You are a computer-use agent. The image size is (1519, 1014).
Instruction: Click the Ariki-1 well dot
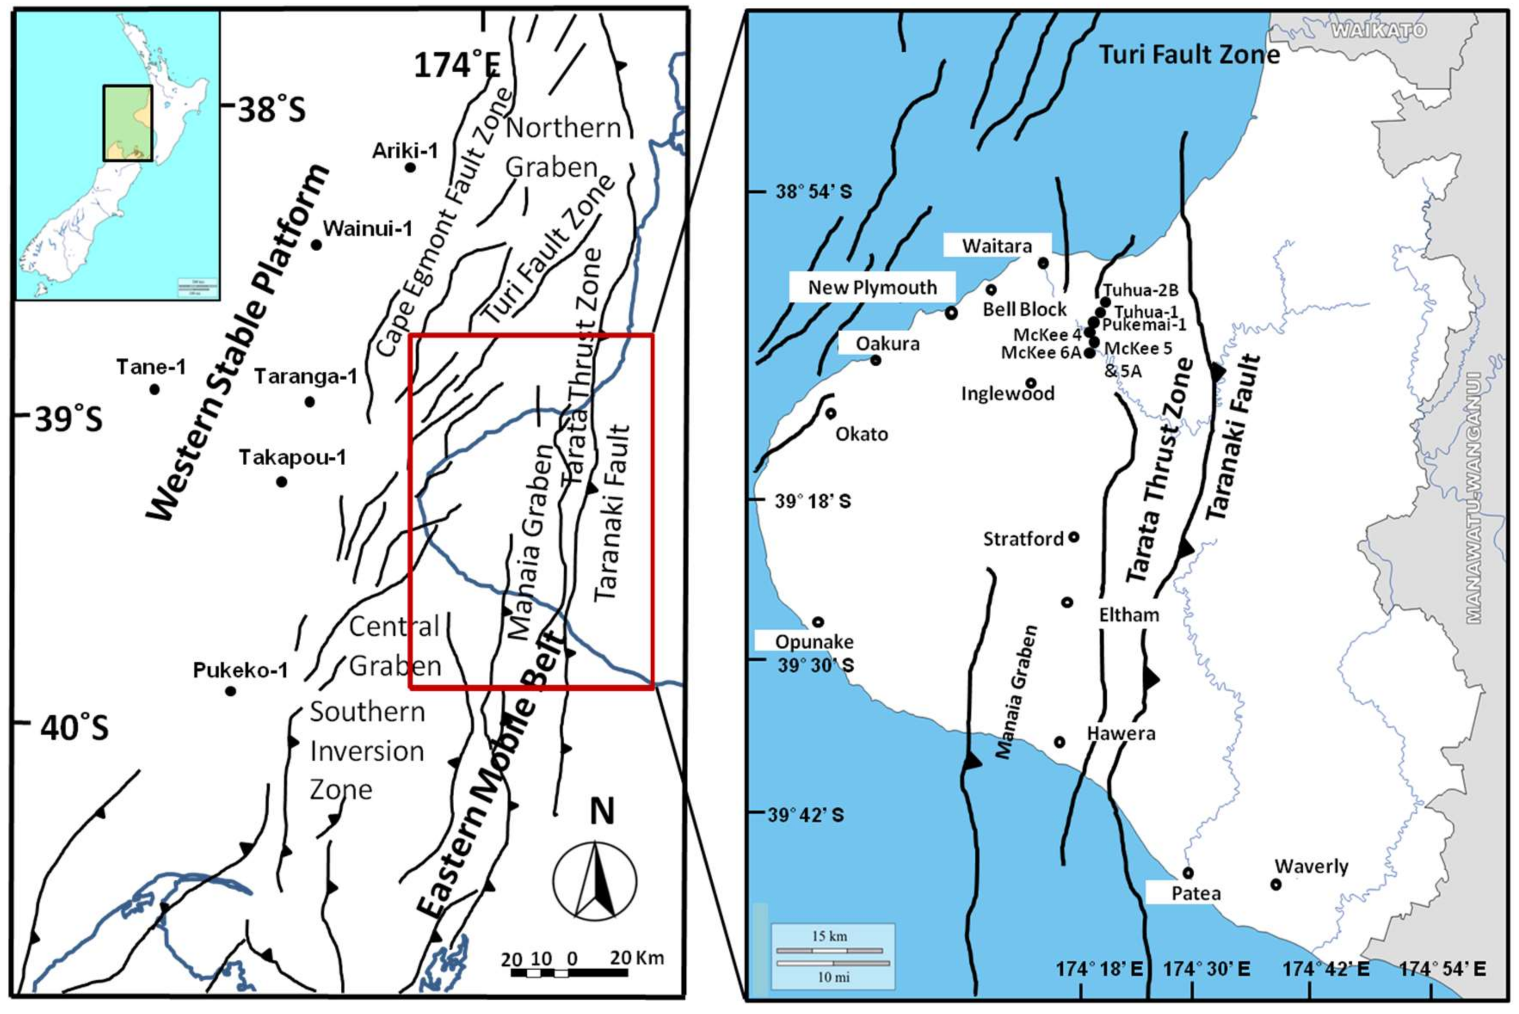(x=410, y=167)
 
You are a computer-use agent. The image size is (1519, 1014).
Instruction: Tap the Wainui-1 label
(x=367, y=228)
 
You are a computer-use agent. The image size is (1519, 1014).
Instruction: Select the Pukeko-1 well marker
(x=230, y=691)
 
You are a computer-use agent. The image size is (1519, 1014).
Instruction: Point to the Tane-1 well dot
(x=154, y=389)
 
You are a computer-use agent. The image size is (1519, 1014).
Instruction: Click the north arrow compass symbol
(x=595, y=881)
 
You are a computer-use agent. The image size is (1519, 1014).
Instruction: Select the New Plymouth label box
(x=872, y=287)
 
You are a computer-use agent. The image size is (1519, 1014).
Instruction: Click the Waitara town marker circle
(x=1043, y=263)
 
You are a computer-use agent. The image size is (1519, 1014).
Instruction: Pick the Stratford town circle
(x=1073, y=537)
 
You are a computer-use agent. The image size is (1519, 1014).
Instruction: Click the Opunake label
(x=814, y=642)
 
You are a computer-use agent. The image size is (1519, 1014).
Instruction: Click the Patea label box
(x=1195, y=894)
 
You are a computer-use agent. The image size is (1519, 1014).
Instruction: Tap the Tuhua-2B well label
(x=1140, y=290)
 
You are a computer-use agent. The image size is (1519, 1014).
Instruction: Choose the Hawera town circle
(x=1060, y=742)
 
